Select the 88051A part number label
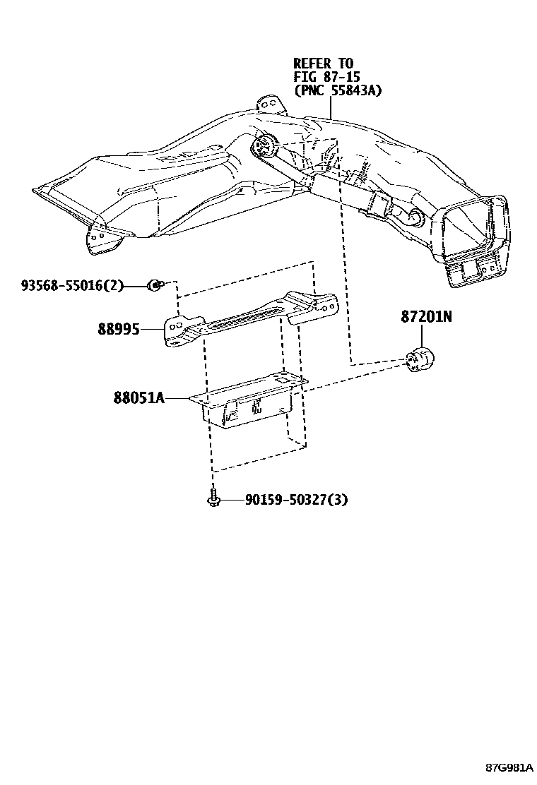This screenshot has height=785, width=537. [x=138, y=398]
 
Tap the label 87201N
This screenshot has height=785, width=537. [x=425, y=318]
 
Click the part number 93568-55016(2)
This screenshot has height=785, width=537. [x=72, y=286]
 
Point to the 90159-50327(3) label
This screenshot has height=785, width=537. [x=297, y=500]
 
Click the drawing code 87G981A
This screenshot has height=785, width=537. [x=509, y=766]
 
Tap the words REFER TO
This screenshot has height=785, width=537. [x=323, y=64]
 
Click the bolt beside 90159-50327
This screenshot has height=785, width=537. [x=213, y=498]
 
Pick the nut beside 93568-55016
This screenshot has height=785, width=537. [x=153, y=285]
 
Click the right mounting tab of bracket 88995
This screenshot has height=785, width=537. [x=321, y=305]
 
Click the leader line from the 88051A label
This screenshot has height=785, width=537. [x=178, y=399]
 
